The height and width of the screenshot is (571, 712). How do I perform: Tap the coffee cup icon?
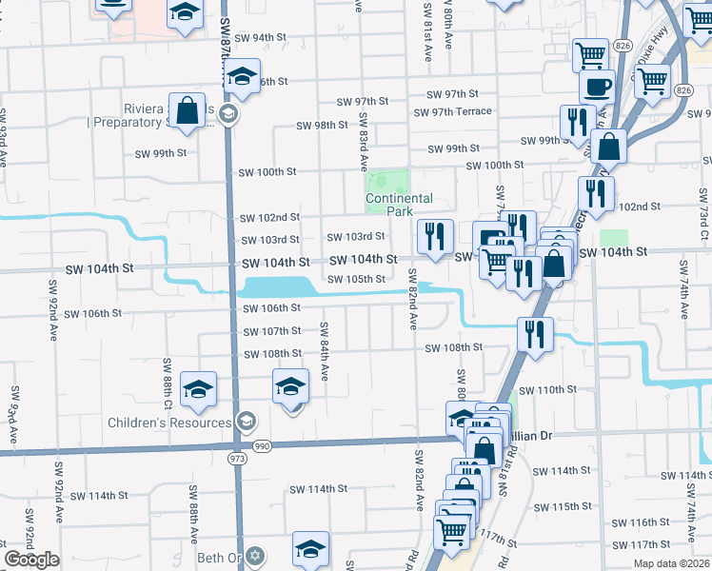(x=597, y=88)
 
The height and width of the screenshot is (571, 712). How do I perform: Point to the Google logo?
(x=31, y=560)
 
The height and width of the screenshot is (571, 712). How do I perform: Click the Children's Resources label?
(x=169, y=423)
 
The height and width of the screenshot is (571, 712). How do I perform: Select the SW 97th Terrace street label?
(x=452, y=111)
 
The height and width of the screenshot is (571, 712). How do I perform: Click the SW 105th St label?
(x=356, y=279)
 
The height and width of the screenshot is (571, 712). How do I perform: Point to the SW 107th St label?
(x=271, y=331)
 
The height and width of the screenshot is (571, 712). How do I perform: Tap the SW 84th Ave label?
(x=325, y=352)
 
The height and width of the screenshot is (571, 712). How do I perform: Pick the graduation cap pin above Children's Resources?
(x=198, y=388)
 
